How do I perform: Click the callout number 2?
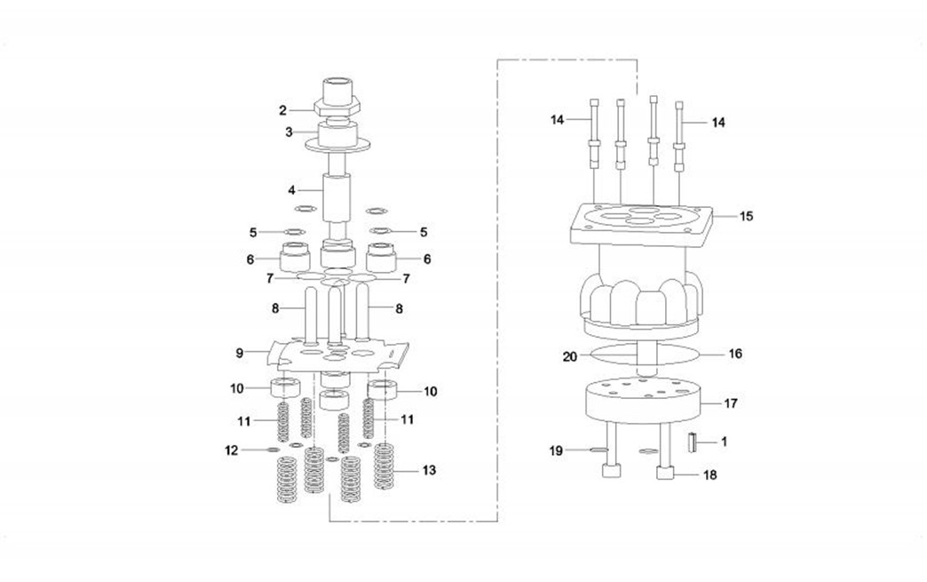pyautogui.click(x=282, y=110)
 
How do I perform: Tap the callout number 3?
pyautogui.click(x=289, y=132)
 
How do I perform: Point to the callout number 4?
pyautogui.click(x=291, y=190)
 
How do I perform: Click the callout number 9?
pyautogui.click(x=240, y=353)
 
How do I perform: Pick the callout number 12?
pyautogui.click(x=232, y=450)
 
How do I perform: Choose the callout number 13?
pyautogui.click(x=429, y=470)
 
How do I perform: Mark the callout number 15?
pyautogui.click(x=747, y=217)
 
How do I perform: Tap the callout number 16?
pyautogui.click(x=735, y=354)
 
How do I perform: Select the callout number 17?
pyautogui.click(x=731, y=403)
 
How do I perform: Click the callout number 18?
pyautogui.click(x=710, y=475)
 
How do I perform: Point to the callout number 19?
pyautogui.click(x=556, y=450)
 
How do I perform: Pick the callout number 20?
pyautogui.click(x=570, y=357)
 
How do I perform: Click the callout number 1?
pyautogui.click(x=725, y=442)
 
